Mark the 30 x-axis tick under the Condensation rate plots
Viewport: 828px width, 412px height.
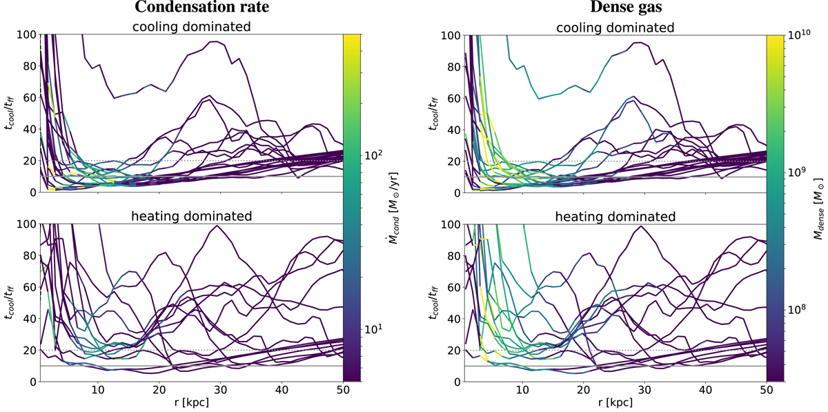click(220, 390)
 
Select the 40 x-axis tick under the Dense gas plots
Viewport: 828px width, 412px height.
click(704, 390)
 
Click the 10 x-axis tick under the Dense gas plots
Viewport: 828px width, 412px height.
click(522, 390)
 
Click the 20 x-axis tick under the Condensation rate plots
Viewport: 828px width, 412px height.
click(159, 390)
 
